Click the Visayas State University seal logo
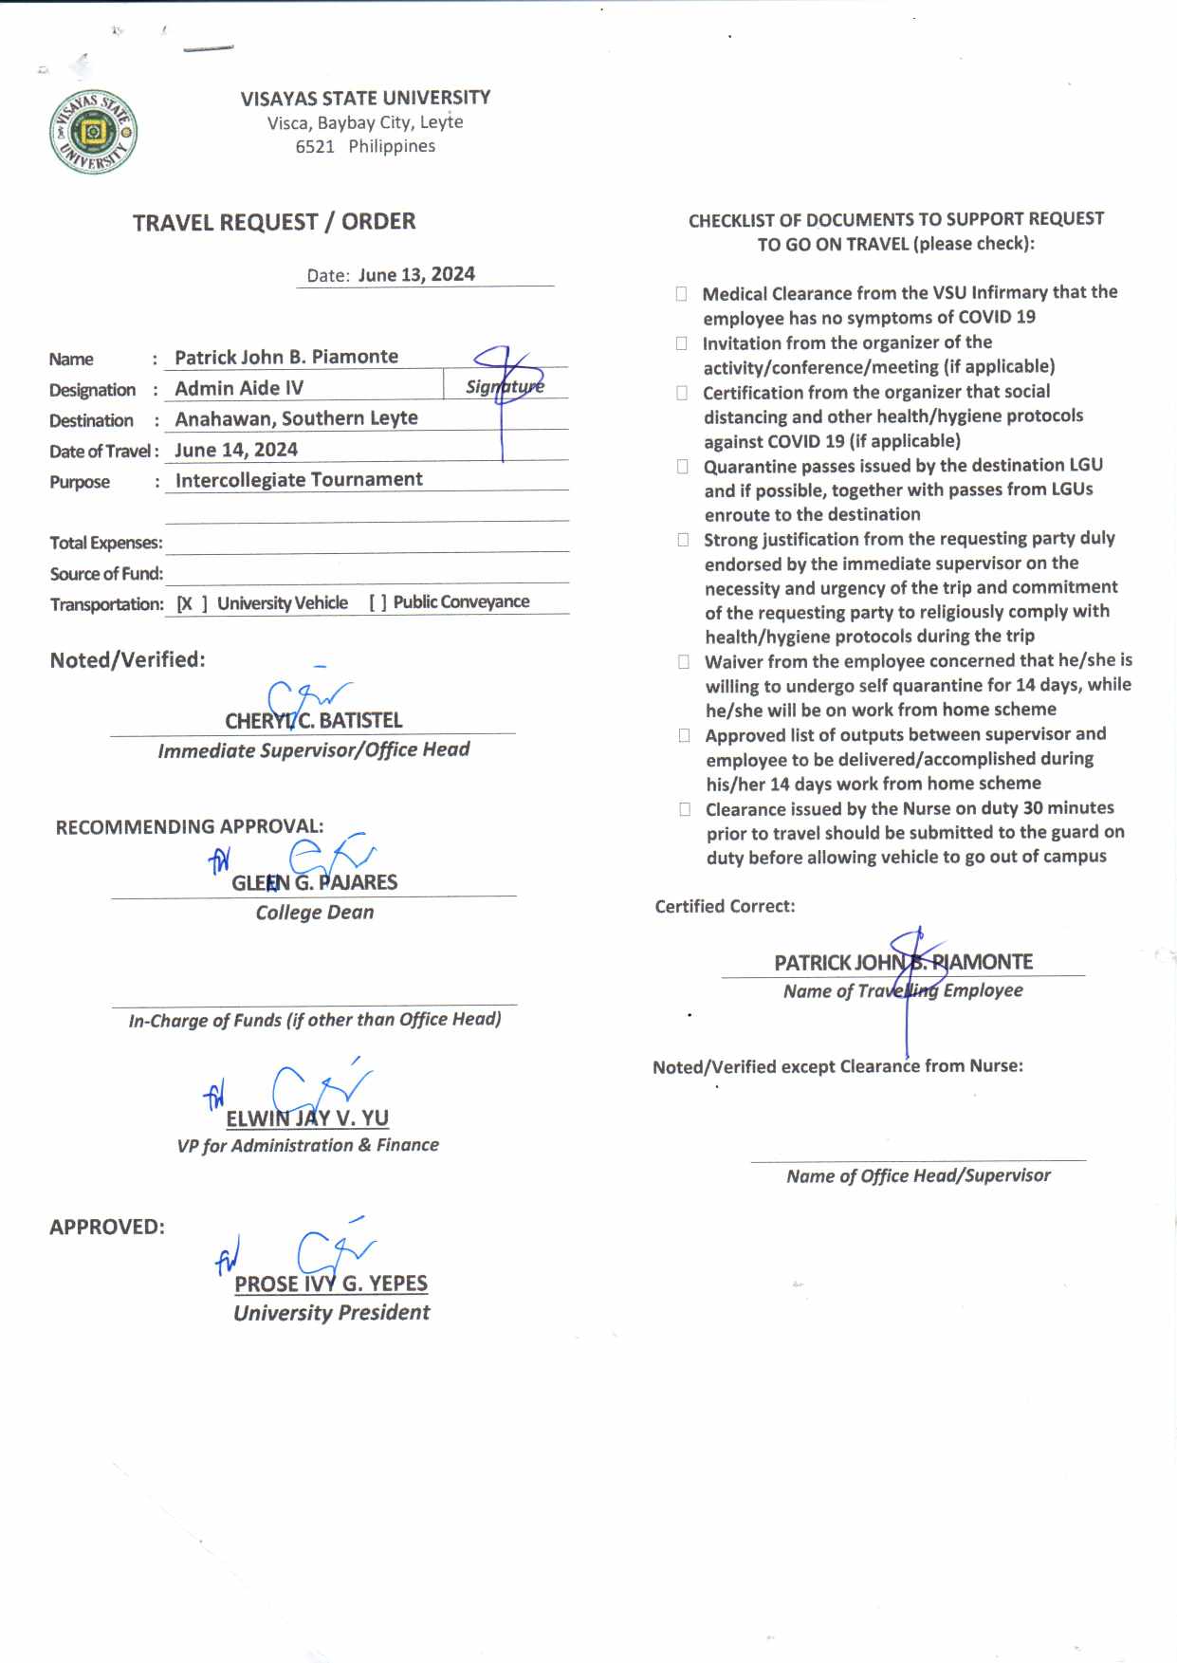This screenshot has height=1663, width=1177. [x=93, y=132]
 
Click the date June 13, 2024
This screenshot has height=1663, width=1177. [x=416, y=274]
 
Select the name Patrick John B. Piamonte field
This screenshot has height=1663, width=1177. [x=286, y=357]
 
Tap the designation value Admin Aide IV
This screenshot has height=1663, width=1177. [x=239, y=388]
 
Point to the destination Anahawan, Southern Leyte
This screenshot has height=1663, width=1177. [x=296, y=418]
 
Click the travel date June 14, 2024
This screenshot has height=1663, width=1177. [x=236, y=450]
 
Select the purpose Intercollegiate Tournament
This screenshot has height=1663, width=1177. [x=299, y=480]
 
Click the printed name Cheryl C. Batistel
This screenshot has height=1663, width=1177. [x=314, y=721]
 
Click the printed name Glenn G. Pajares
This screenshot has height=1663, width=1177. [x=315, y=882]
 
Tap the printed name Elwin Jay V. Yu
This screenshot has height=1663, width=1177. [x=307, y=1118]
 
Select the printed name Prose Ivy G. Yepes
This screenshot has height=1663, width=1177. [x=331, y=1284]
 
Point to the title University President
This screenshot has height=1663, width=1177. [x=331, y=1313]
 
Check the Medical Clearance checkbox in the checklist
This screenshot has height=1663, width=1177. [x=681, y=294]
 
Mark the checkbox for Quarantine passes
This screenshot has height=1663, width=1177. [x=682, y=466]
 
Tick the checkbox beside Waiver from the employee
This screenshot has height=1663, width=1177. [x=683, y=661]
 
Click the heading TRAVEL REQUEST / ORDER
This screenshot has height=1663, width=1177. [x=274, y=222]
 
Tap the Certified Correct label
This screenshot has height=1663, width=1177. [x=725, y=906]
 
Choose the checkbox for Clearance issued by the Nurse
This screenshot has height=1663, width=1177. [x=684, y=809]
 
